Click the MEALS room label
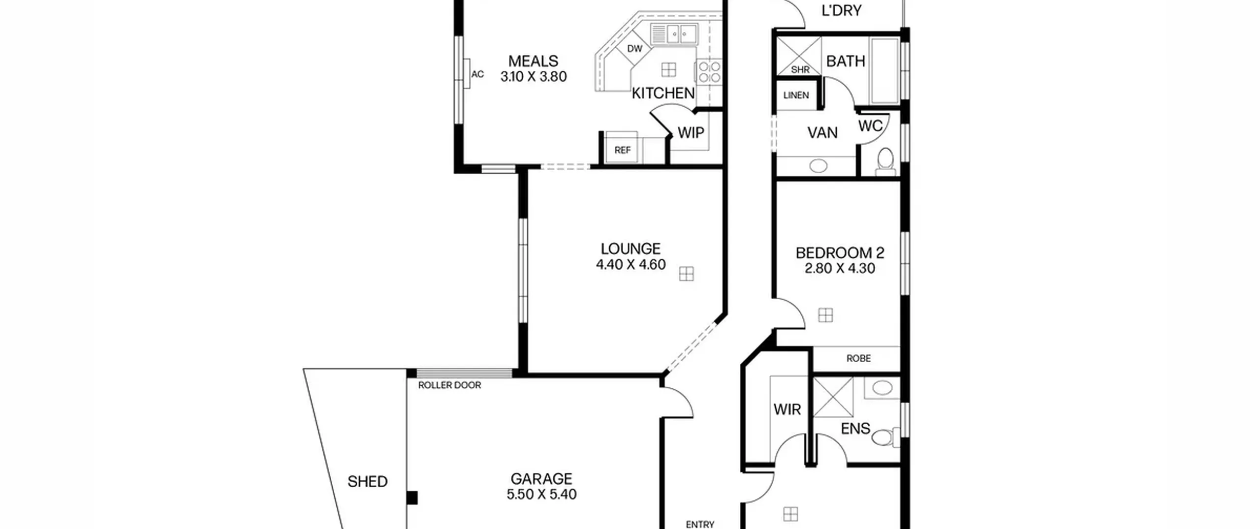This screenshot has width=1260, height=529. point(533,61)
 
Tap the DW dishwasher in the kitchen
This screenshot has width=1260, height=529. point(635,48)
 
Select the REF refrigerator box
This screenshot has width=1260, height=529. point(622,147)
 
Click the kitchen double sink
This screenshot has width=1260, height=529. point(674,34)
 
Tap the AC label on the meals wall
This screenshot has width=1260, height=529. point(477,74)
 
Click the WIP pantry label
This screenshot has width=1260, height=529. point(691,132)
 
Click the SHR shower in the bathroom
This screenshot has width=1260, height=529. point(799,56)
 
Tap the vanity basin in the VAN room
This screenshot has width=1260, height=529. point(818,166)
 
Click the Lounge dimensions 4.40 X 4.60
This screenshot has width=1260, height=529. point(630,265)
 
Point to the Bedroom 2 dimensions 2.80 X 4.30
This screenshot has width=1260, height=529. point(840,269)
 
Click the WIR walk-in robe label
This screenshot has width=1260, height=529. point(787,409)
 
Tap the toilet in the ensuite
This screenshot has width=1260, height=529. point(886,436)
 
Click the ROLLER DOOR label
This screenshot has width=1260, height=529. point(449,385)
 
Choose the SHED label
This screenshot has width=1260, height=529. point(367,481)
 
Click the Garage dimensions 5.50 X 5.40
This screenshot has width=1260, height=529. point(541,495)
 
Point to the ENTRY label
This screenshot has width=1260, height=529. point(700,525)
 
